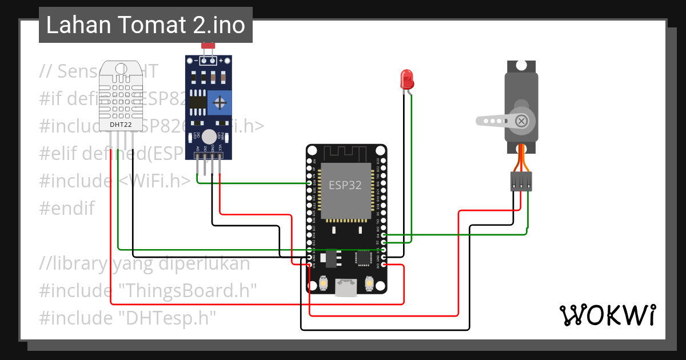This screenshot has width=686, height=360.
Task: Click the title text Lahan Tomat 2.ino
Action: coord(145,25)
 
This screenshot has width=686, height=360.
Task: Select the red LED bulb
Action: coord(407,79)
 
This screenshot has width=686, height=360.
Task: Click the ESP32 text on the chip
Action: coord(345,186)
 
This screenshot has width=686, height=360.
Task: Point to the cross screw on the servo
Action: coord(521,121)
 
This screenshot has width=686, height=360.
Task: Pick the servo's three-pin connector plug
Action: coord(521,182)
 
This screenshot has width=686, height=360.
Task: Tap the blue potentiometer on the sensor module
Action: coord(220,103)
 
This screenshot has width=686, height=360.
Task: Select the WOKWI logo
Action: coord(607,315)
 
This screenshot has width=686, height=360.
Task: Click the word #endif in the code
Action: coord(67,208)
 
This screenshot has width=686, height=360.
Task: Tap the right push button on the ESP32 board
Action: coord(369,283)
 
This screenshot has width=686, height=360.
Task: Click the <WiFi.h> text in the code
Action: coord(154,181)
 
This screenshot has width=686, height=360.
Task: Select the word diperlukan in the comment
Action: coord(209,263)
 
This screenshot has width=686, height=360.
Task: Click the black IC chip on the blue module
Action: coord(198,102)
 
